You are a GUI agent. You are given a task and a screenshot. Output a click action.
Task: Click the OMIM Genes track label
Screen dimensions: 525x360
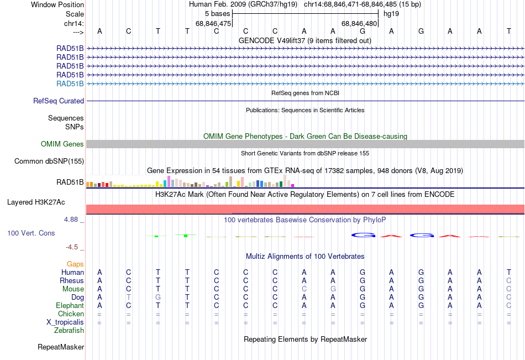point(62,144)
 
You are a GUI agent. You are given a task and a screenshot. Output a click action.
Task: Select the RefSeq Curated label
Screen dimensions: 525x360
point(59,101)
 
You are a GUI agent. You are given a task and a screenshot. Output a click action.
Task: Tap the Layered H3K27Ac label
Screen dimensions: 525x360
point(36,202)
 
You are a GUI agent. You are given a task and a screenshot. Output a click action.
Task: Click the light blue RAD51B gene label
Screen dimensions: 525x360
point(70,84)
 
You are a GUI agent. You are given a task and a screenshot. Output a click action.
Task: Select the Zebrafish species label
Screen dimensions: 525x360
point(69,331)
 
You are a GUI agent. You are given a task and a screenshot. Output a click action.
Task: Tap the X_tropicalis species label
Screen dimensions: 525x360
point(65,322)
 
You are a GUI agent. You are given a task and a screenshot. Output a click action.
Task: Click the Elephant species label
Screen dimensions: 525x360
point(70,306)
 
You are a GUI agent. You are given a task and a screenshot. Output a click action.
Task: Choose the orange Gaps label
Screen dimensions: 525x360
point(75,264)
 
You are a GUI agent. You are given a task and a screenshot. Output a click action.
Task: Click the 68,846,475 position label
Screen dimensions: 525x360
point(213,23)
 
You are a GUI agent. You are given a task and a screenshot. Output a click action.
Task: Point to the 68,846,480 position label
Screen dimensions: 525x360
point(359,23)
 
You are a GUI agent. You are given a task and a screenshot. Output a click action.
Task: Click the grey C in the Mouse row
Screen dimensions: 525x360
point(304,289)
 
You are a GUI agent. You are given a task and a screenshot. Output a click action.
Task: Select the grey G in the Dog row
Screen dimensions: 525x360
point(158,298)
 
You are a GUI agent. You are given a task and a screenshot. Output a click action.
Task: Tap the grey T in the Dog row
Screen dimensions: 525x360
point(129,298)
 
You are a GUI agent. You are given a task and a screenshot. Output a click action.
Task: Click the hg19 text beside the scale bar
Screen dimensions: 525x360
point(391,14)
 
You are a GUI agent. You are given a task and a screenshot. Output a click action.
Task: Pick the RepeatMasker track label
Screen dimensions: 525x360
point(61,347)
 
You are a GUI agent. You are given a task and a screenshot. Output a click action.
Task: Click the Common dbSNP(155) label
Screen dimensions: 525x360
point(49,161)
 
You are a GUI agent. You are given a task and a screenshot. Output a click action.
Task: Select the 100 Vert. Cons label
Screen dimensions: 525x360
point(31,233)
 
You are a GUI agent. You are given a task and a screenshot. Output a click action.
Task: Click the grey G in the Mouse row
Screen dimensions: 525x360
point(333,289)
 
